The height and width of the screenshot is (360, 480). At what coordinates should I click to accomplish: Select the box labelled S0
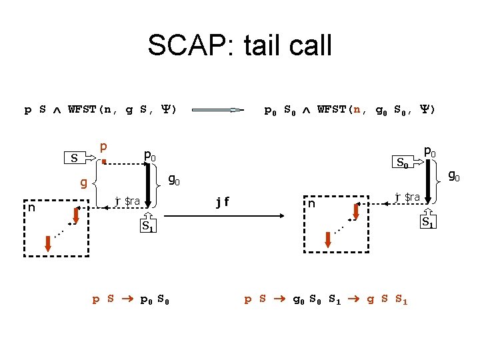pos(402,161)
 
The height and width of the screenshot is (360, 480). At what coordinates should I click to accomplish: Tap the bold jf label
pos(224,200)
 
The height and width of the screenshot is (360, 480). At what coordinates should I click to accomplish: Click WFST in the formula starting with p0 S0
pos(332,109)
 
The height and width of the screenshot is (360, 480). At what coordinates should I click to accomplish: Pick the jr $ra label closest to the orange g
pos(127,200)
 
